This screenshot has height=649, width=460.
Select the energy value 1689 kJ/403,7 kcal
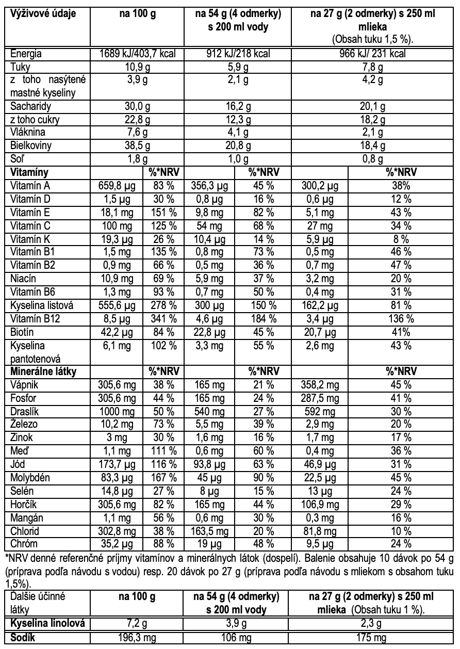tap(137, 53)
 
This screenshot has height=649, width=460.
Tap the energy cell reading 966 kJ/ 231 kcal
tap(374, 53)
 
